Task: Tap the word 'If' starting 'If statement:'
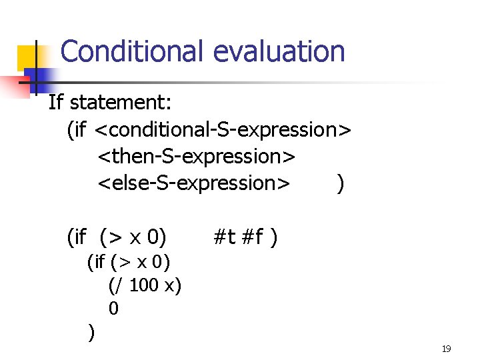[55, 103]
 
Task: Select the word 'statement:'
[121, 103]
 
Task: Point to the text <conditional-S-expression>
[223, 129]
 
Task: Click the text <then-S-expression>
[197, 156]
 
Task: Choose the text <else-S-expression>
[194, 182]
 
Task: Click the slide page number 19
[447, 349]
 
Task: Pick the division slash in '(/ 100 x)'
[119, 285]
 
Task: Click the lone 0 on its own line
[113, 308]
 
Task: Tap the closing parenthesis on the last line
[91, 331]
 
